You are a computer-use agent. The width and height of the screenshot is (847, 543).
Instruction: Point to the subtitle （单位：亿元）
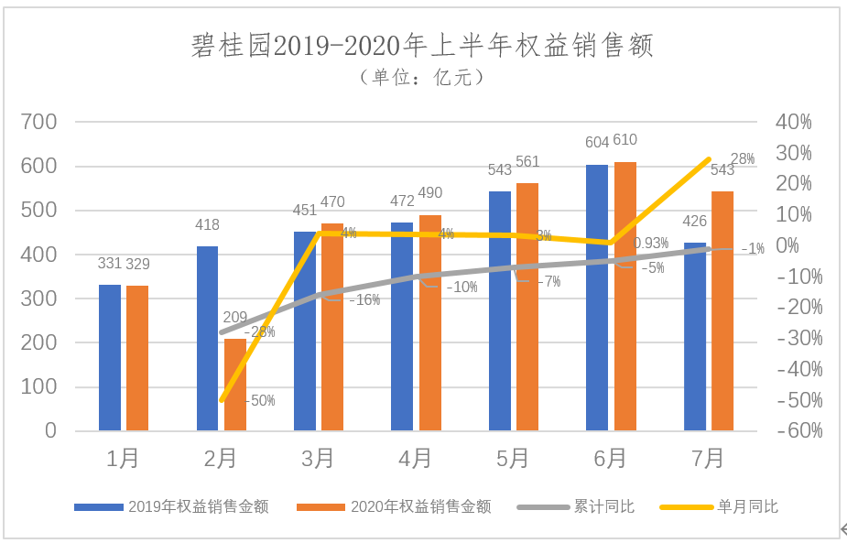coord(422,78)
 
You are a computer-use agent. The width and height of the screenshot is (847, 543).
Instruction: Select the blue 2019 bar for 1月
coord(110,357)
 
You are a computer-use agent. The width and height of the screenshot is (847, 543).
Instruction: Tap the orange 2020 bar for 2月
coord(235,385)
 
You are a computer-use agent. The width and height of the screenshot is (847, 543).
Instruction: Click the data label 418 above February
coord(208,224)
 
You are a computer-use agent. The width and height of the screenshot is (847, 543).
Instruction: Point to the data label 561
coord(527,162)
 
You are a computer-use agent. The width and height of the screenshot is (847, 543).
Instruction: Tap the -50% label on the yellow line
coord(260,401)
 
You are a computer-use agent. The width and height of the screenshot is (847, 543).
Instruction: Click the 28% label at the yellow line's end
coord(743,159)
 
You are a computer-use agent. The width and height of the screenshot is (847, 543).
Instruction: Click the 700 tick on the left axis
coord(39,122)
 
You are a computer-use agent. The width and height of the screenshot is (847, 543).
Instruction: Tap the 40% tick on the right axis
coord(793,122)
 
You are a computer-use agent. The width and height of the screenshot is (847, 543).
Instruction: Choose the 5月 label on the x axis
coord(513,458)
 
